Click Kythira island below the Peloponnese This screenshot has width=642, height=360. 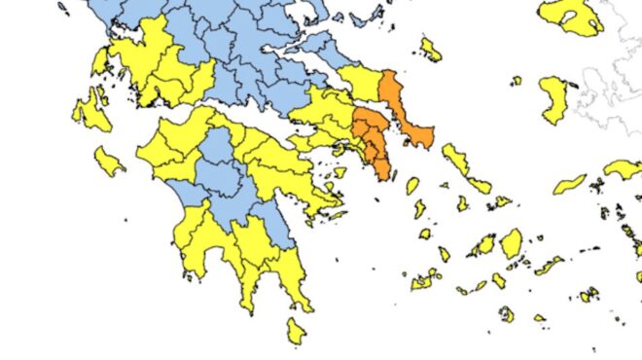(x=296, y=330)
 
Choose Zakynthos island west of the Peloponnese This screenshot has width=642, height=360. (x=109, y=159)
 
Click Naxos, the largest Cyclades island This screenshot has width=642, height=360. (x=511, y=242)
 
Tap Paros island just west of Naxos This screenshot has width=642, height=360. (x=484, y=245)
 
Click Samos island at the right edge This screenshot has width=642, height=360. (x=623, y=168)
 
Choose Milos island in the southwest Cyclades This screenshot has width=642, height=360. (x=424, y=280)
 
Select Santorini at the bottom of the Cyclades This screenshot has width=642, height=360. (x=507, y=314)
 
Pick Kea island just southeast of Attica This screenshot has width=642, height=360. (x=412, y=185)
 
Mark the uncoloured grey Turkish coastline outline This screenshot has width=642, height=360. (x=613, y=88)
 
